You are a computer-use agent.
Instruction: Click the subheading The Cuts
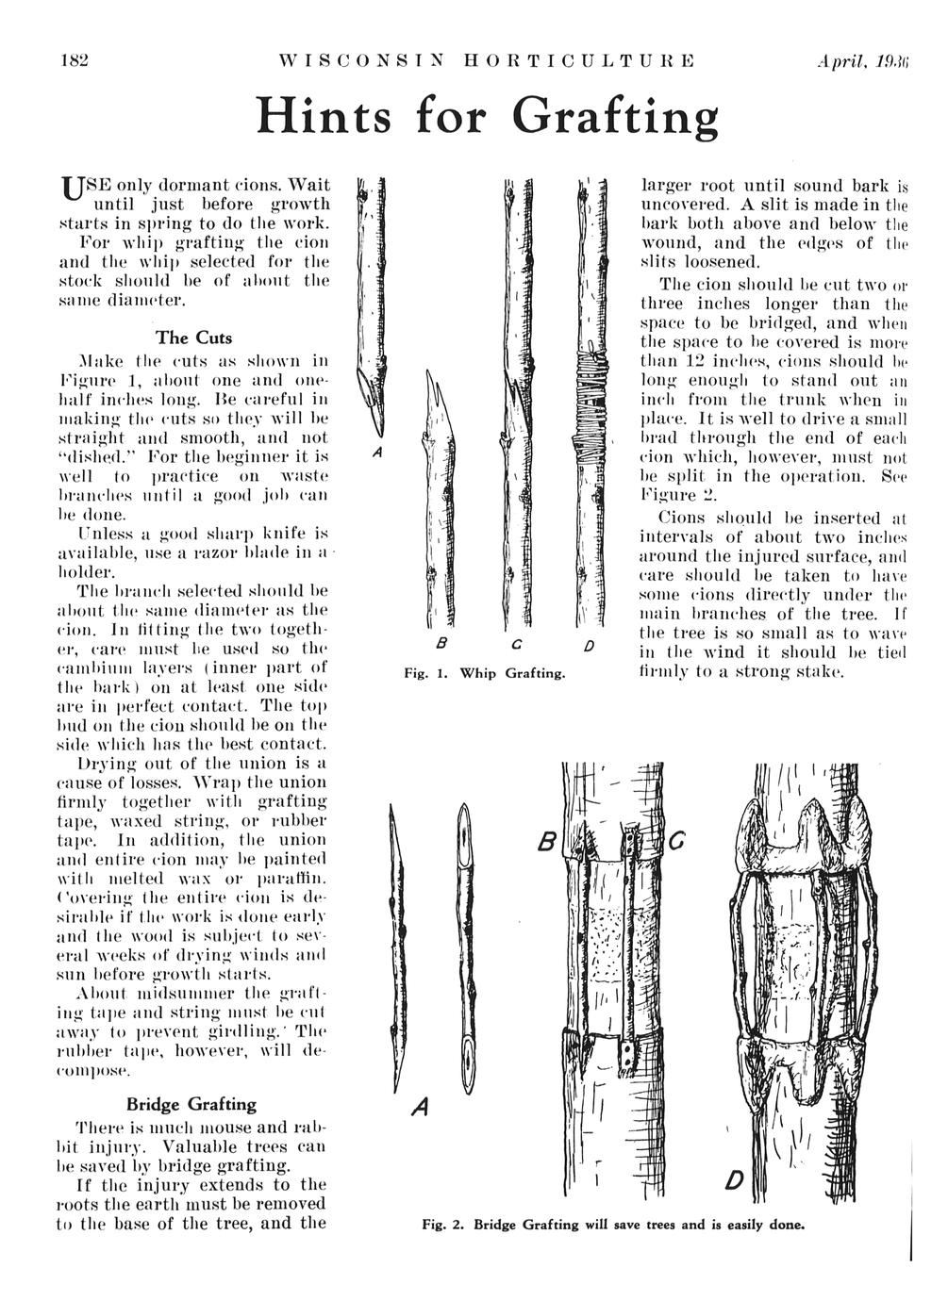point(192,337)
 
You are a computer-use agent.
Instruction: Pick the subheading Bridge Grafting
point(191,1104)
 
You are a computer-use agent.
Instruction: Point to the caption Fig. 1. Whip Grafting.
point(484,673)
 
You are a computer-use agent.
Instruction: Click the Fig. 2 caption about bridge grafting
point(613,1226)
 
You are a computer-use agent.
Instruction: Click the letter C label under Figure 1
point(510,645)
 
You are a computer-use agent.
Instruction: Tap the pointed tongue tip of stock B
point(430,382)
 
